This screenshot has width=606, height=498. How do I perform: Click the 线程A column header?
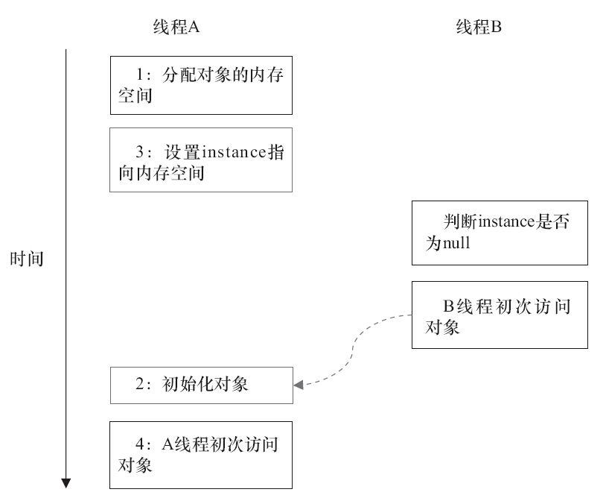tap(173, 28)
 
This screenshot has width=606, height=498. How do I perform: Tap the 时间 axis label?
tap(27, 259)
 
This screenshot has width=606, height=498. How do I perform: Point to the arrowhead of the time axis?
tap(66, 483)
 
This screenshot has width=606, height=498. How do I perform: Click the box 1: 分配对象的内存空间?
tap(201, 85)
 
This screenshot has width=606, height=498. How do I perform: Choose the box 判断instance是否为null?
tap(500, 232)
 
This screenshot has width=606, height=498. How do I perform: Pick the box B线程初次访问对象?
tap(500, 315)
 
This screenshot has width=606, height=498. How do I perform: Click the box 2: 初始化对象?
tap(201, 385)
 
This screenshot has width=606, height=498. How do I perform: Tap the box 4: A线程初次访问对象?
tap(201, 455)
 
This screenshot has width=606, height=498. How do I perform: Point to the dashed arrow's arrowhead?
tap(299, 385)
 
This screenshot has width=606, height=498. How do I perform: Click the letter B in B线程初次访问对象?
tap(449, 305)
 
